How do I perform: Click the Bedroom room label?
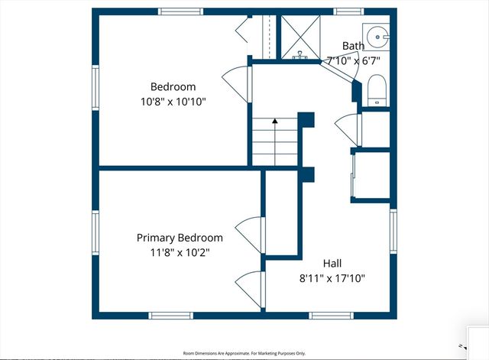click(x=173, y=86)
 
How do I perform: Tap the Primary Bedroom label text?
click(x=180, y=238)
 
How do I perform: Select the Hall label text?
click(x=332, y=263)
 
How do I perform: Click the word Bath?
click(x=353, y=46)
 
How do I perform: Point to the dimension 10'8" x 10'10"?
click(x=173, y=101)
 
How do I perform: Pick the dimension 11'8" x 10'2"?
click(x=180, y=252)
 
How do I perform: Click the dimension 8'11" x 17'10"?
click(x=332, y=277)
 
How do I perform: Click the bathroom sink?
click(x=377, y=36)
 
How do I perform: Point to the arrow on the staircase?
click(x=274, y=123)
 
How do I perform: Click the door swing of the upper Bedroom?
click(x=235, y=77)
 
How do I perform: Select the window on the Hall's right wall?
click(x=393, y=233)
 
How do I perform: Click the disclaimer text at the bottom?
click(x=244, y=353)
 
